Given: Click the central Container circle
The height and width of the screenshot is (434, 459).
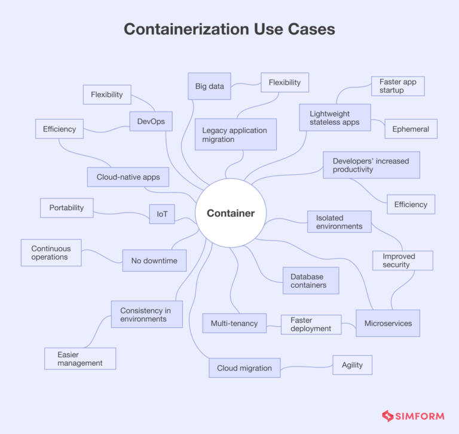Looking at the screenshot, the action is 231,213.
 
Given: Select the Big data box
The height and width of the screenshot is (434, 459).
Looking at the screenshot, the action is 209,86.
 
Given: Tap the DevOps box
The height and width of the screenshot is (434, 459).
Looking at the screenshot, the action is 151,121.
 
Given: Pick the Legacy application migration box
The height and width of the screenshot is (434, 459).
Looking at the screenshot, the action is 235,134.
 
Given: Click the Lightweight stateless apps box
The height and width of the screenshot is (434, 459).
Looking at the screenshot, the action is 335,117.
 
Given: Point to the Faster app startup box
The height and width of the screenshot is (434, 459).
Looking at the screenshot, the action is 398,86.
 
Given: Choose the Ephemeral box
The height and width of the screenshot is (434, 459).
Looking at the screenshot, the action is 411,129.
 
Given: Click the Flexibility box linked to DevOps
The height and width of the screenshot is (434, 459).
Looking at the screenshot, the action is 107,94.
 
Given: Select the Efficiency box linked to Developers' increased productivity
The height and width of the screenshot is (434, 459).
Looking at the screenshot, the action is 411,204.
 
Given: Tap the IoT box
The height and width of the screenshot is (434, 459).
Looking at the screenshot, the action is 162,214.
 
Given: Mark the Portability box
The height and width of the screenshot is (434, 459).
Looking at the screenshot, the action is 67,208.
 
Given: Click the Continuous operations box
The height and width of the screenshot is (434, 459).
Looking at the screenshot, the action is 51,253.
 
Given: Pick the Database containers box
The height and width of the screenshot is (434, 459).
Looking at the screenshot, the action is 311,281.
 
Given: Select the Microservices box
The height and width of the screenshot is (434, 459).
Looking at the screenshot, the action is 388,323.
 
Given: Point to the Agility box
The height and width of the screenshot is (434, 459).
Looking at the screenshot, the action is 353,365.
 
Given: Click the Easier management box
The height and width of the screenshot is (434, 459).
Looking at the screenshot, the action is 80,359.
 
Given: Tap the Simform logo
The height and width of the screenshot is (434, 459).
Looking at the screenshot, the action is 413,415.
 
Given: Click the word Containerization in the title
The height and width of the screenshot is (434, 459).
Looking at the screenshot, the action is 186,29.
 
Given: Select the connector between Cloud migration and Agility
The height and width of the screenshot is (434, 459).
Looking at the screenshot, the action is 307,367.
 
